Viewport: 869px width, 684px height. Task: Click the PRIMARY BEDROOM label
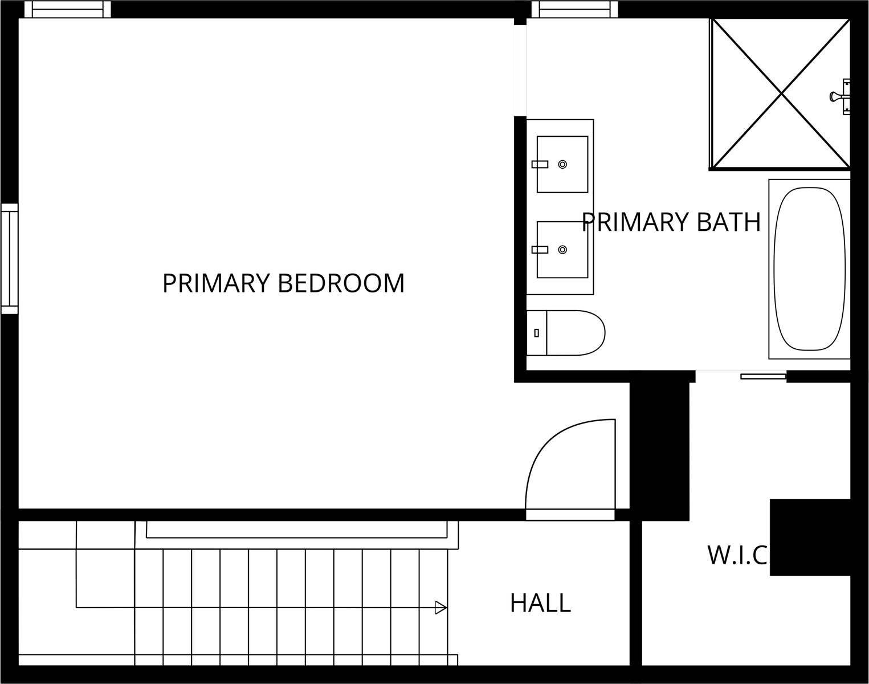pos(283,283)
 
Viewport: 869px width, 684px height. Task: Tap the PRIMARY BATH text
pos(671,222)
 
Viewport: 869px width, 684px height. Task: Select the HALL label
pos(540,602)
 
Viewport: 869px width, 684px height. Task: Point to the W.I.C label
pos(737,555)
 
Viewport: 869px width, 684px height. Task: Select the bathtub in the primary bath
pos(809,269)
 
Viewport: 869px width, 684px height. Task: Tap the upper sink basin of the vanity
pos(562,164)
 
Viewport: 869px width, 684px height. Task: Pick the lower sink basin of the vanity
pos(562,250)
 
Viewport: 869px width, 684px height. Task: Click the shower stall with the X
pos(780,94)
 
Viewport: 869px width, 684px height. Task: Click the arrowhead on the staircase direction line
pos(440,608)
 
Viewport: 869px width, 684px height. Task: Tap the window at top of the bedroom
pos(71,9)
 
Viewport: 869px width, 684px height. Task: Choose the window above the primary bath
pos(574,9)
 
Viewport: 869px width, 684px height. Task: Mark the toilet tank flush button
pos(536,332)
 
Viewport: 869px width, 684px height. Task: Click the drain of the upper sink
pos(562,164)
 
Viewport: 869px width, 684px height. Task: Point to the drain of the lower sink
pos(562,250)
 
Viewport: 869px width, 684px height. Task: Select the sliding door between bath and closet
pos(763,376)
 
